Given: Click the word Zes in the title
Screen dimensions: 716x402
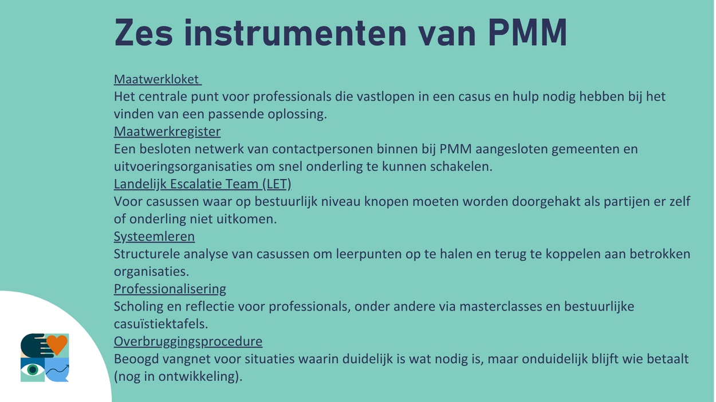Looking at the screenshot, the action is click(144, 33).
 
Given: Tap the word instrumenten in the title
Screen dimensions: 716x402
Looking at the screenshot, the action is click(296, 33).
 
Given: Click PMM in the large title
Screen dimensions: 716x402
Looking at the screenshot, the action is click(527, 33).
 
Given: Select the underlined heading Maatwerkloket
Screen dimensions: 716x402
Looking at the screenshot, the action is click(156, 79).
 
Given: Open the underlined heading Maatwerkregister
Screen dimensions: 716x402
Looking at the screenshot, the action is click(167, 132).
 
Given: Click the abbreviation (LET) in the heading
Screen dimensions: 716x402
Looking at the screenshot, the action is click(277, 184).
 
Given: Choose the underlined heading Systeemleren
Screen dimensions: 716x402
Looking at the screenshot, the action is click(155, 237).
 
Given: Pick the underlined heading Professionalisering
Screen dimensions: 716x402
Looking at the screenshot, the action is click(170, 289).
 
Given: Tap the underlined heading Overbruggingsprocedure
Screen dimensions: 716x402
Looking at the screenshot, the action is click(188, 341).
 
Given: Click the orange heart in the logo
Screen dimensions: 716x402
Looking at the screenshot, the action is click(57, 344).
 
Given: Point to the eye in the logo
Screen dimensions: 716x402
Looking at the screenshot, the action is click(33, 370).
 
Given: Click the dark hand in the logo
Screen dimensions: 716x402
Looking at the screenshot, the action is click(35, 345).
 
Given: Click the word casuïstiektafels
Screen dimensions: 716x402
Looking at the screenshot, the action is click(161, 324).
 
